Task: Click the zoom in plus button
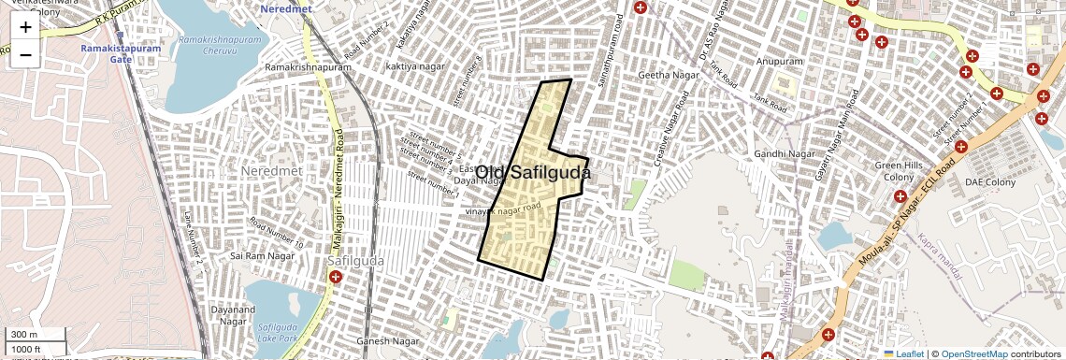tap(25, 27)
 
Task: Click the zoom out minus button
tap(25, 55)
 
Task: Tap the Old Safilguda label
tap(533, 173)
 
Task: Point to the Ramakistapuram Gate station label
tap(119, 52)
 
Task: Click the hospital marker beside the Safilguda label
tap(336, 277)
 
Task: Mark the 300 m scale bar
tap(36, 335)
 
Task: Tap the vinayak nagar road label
tap(504, 212)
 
